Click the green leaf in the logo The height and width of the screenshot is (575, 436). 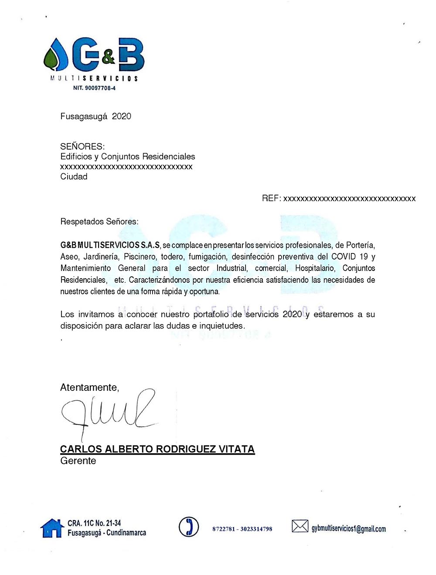[x=52, y=59]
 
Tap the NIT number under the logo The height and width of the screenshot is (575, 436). [x=94, y=88]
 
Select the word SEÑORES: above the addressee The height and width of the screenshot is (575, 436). [x=82, y=147]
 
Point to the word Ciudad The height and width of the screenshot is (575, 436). [x=74, y=177]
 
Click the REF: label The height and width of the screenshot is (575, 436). [x=271, y=199]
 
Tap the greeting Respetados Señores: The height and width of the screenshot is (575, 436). [x=99, y=222]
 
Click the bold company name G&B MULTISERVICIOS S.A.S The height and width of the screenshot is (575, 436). [x=110, y=245]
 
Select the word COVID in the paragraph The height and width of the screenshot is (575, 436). [x=344, y=257]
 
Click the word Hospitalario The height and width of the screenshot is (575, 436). [x=315, y=268]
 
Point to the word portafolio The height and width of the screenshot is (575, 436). [x=211, y=315]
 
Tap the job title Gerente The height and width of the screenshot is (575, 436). [x=78, y=461]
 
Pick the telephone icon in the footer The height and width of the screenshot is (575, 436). [x=189, y=527]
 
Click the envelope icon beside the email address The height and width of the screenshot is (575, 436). [x=300, y=527]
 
